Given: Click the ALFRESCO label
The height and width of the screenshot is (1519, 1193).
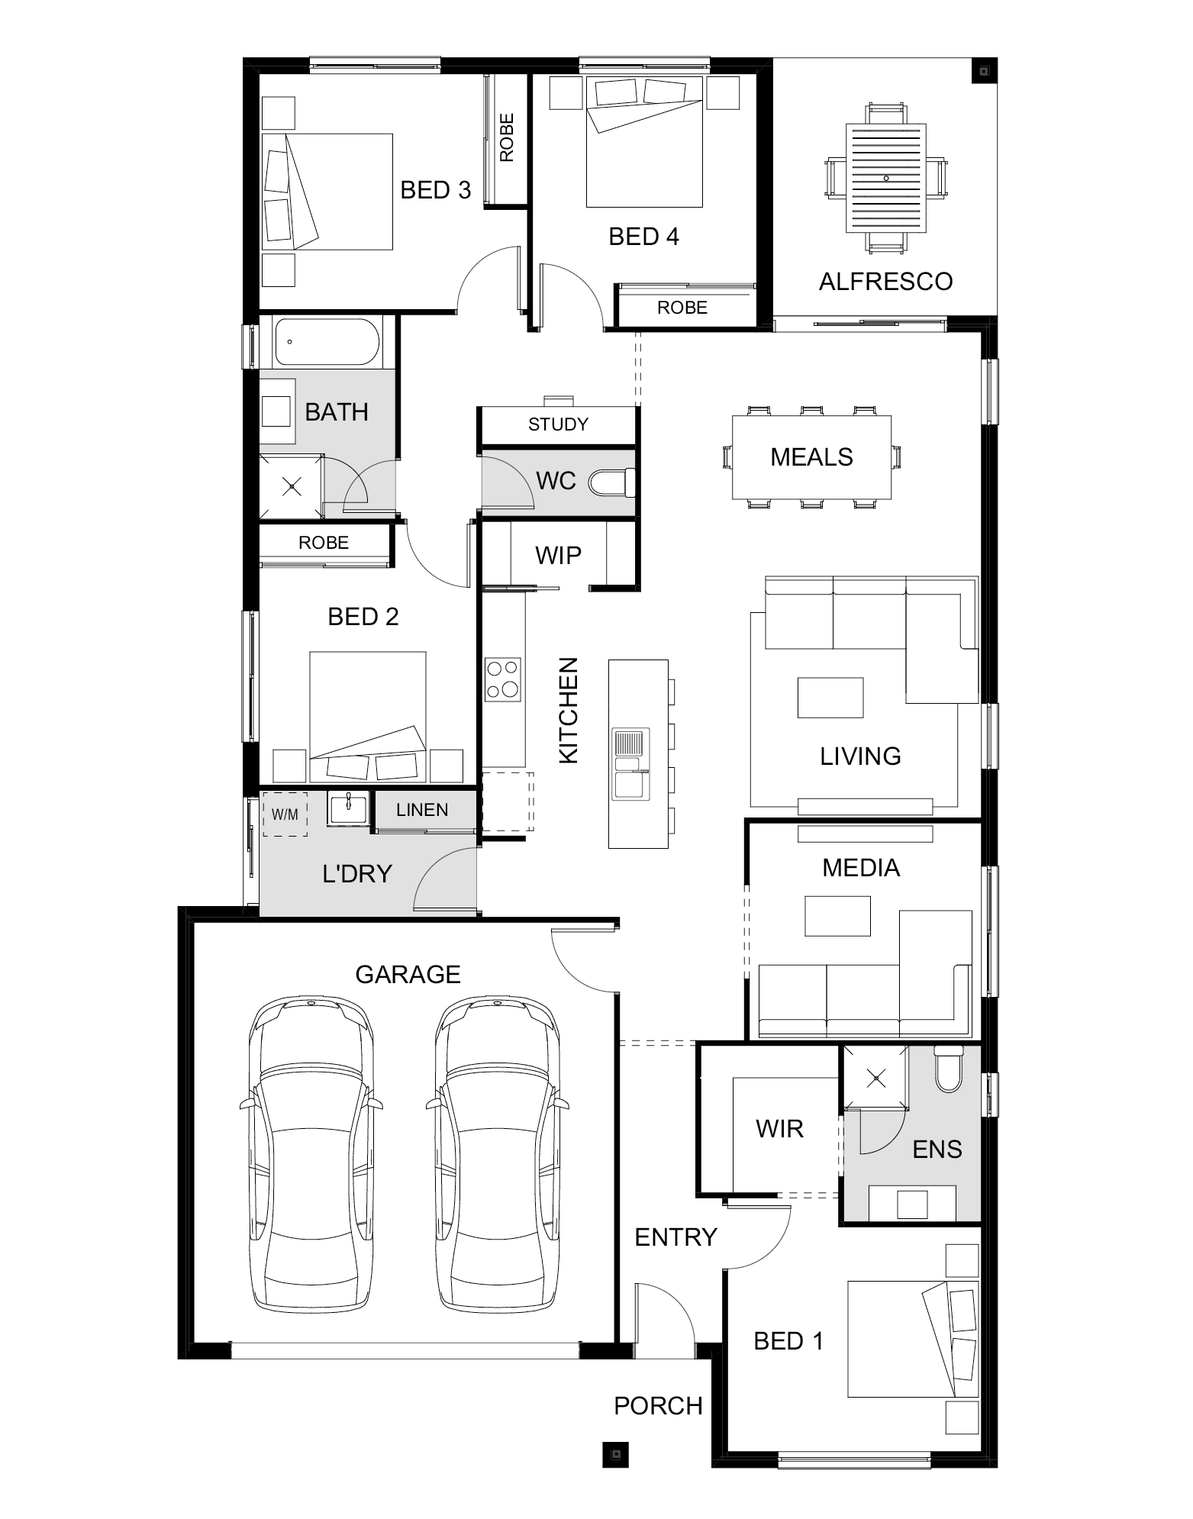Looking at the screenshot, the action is coord(885,282).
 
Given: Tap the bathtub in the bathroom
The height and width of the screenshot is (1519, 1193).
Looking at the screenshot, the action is coord(327,342).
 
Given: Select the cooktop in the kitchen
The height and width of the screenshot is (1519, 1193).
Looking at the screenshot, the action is coord(503,679).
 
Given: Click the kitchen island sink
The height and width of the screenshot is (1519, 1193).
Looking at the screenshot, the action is coord(630,764).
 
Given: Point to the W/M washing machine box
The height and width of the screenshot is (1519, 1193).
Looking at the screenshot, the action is coord(285,814).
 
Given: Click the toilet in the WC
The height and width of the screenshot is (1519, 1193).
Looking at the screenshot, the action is coord(612,482).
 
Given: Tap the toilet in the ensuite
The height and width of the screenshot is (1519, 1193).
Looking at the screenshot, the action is coord(949,1069).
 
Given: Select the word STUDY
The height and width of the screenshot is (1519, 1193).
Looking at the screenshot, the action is coord(559,424).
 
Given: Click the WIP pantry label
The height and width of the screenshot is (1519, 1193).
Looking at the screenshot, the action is coord(558,555).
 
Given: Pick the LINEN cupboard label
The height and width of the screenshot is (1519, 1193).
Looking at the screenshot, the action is coord(422,810).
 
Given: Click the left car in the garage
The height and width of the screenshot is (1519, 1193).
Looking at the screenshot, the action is coord(311,1154).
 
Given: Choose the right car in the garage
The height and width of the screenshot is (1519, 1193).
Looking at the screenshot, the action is coord(498,1154).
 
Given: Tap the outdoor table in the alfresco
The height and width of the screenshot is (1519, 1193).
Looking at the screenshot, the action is coord(885,179).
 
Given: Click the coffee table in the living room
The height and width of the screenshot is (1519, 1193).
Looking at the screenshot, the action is coord(830,698).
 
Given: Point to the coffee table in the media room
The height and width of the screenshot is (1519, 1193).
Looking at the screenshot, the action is coord(838,916).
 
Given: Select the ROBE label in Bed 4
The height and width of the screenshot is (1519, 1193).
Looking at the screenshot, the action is coord(682,308).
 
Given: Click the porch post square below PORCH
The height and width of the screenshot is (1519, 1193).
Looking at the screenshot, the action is coord(615,1454).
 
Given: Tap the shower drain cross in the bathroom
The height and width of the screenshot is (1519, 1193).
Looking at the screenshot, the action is coord(291,485).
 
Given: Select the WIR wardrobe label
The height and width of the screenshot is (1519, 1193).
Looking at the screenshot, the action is coord(779,1128).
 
